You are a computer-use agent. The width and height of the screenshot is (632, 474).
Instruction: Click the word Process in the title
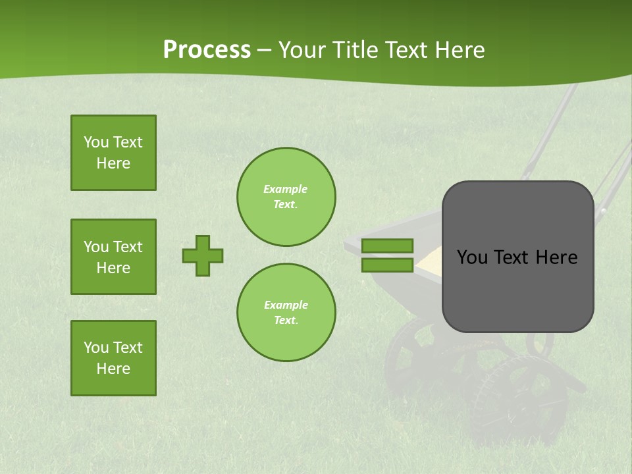tap(207, 50)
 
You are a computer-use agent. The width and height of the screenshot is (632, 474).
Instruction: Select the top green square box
tap(113, 153)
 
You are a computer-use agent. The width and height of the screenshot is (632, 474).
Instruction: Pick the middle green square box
tap(113, 257)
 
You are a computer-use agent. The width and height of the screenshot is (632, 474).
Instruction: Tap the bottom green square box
tap(113, 358)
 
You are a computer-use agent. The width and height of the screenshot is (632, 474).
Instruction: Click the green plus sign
tap(203, 255)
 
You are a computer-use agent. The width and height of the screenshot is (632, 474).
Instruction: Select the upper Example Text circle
tap(286, 197)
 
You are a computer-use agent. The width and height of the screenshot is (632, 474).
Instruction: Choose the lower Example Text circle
tap(286, 313)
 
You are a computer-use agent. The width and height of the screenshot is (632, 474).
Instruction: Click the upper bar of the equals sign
tap(387, 246)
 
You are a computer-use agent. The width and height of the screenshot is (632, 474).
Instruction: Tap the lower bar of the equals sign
tap(387, 265)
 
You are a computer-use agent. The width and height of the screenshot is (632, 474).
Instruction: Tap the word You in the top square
tap(95, 142)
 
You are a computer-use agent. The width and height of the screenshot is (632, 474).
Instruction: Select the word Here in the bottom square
tap(113, 369)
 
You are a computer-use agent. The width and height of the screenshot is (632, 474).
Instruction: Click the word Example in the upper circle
tap(286, 189)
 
